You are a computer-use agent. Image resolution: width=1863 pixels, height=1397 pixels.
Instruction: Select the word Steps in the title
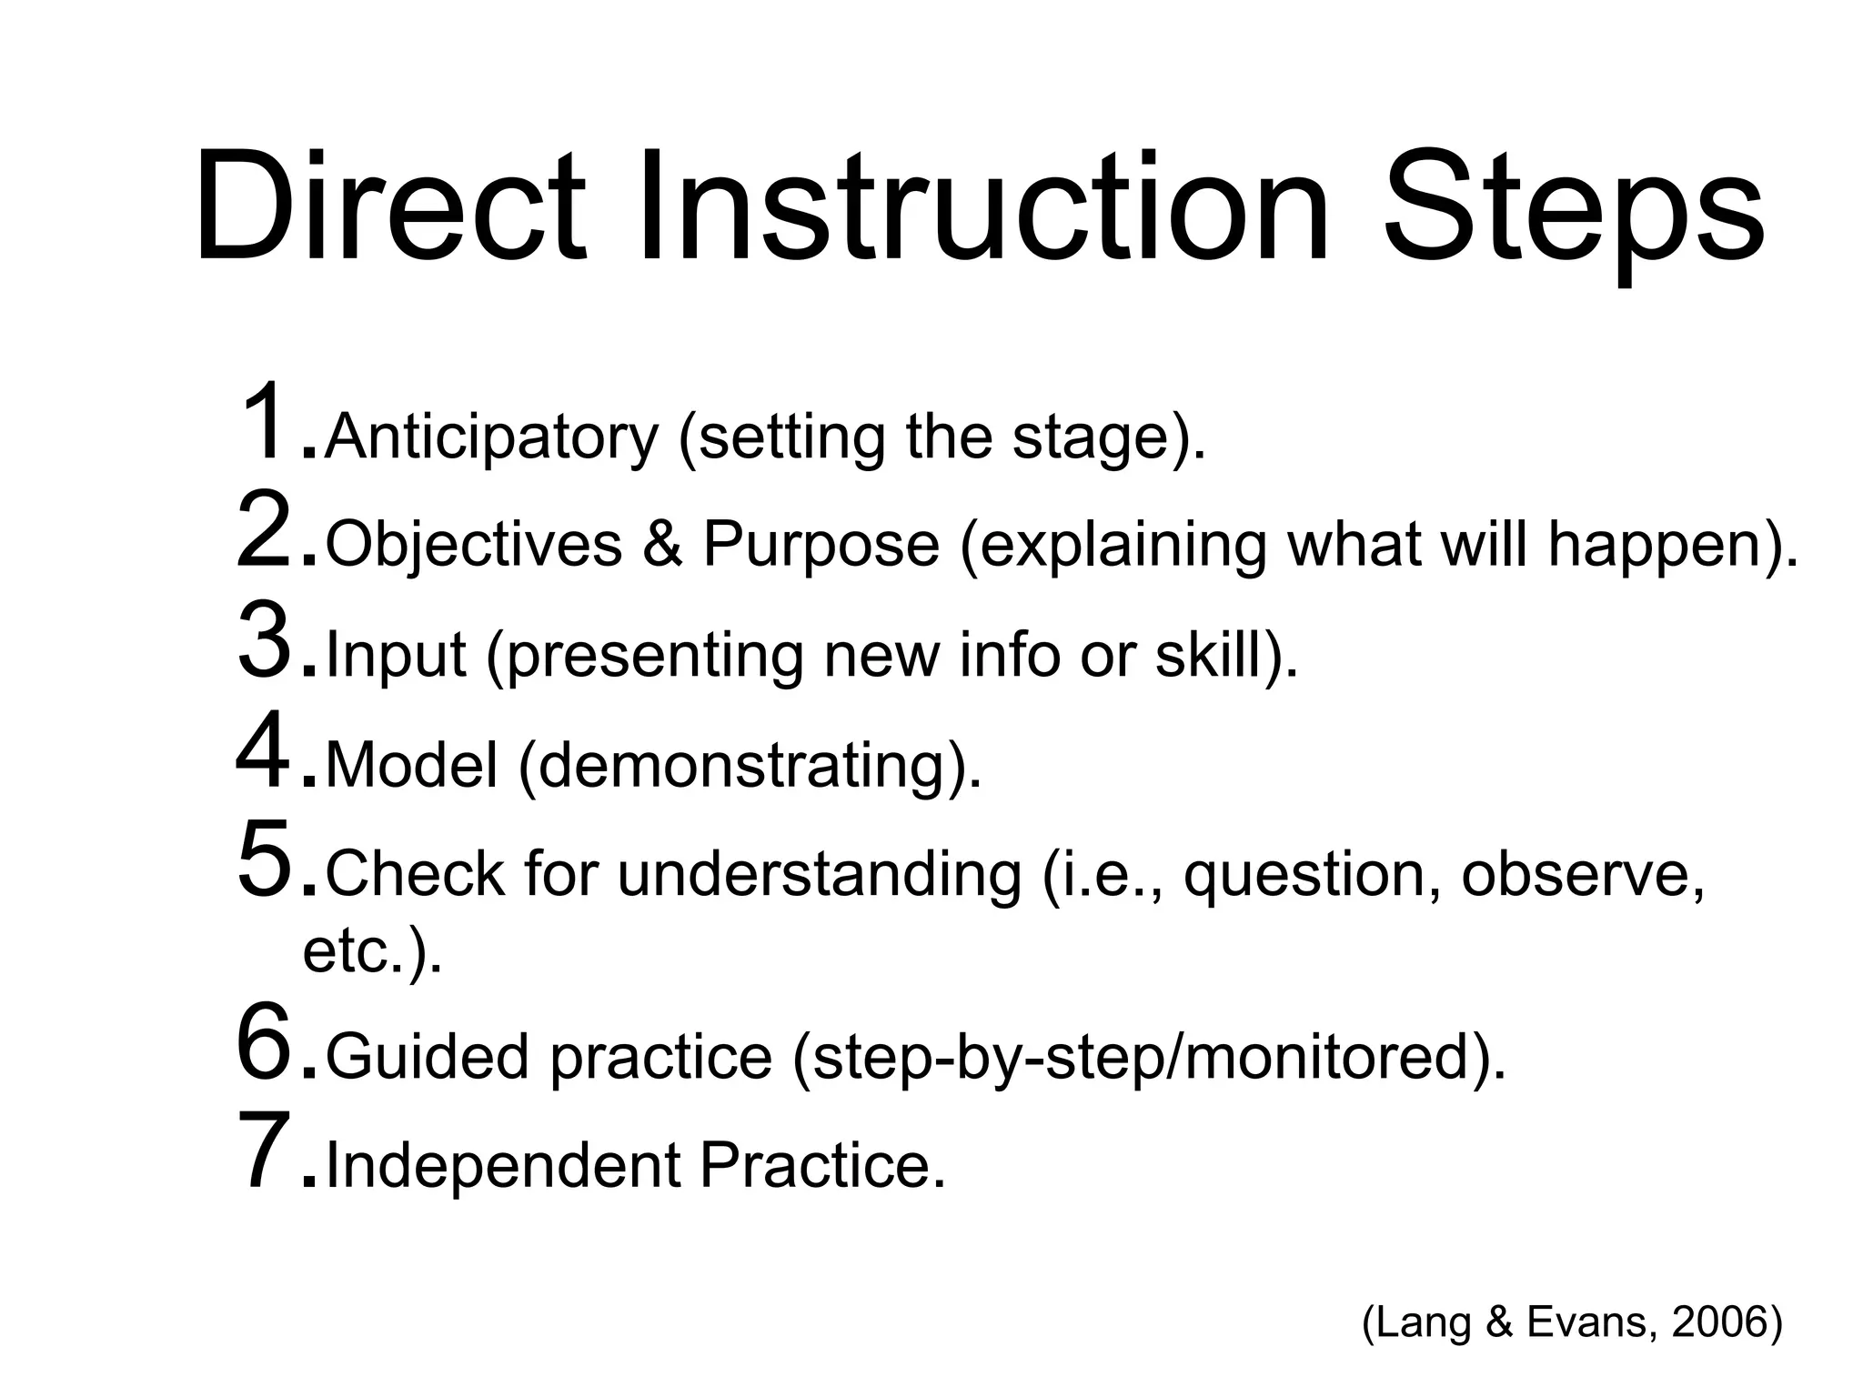tap(1574, 214)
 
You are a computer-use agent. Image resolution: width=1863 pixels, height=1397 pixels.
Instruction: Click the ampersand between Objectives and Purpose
tap(662, 545)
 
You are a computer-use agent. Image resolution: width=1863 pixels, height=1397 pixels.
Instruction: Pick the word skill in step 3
tap(1212, 654)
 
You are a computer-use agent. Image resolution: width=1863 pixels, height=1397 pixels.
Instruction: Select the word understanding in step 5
tap(820, 874)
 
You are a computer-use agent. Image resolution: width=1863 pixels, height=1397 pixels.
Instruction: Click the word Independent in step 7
tap(503, 1166)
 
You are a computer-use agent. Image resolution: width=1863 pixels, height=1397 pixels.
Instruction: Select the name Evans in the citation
tap(1586, 1321)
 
